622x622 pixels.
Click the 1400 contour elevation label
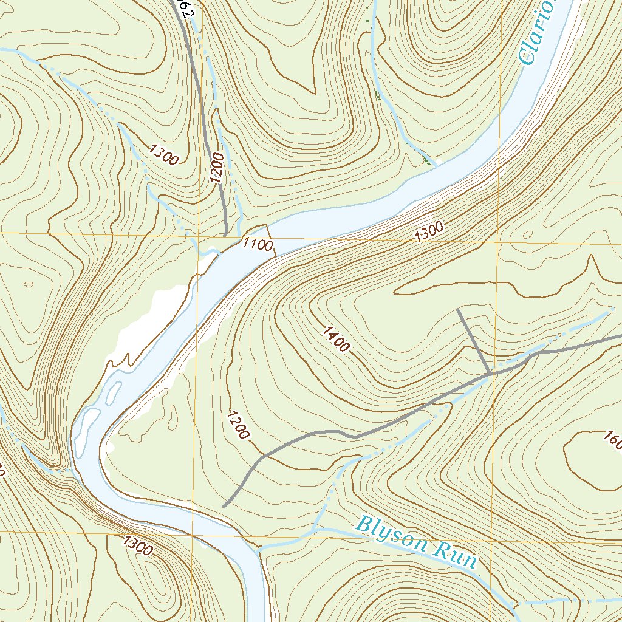pyautogui.click(x=336, y=340)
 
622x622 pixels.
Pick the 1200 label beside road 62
pyautogui.click(x=217, y=168)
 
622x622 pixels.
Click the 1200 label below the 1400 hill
pyautogui.click(x=238, y=425)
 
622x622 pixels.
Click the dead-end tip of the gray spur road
pyautogui.click(x=458, y=309)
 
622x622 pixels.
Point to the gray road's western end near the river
pyautogui.click(x=224, y=505)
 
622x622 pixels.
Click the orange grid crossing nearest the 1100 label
pyautogui.click(x=199, y=234)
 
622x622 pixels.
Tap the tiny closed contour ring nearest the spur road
pyautogui.click(x=527, y=235)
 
